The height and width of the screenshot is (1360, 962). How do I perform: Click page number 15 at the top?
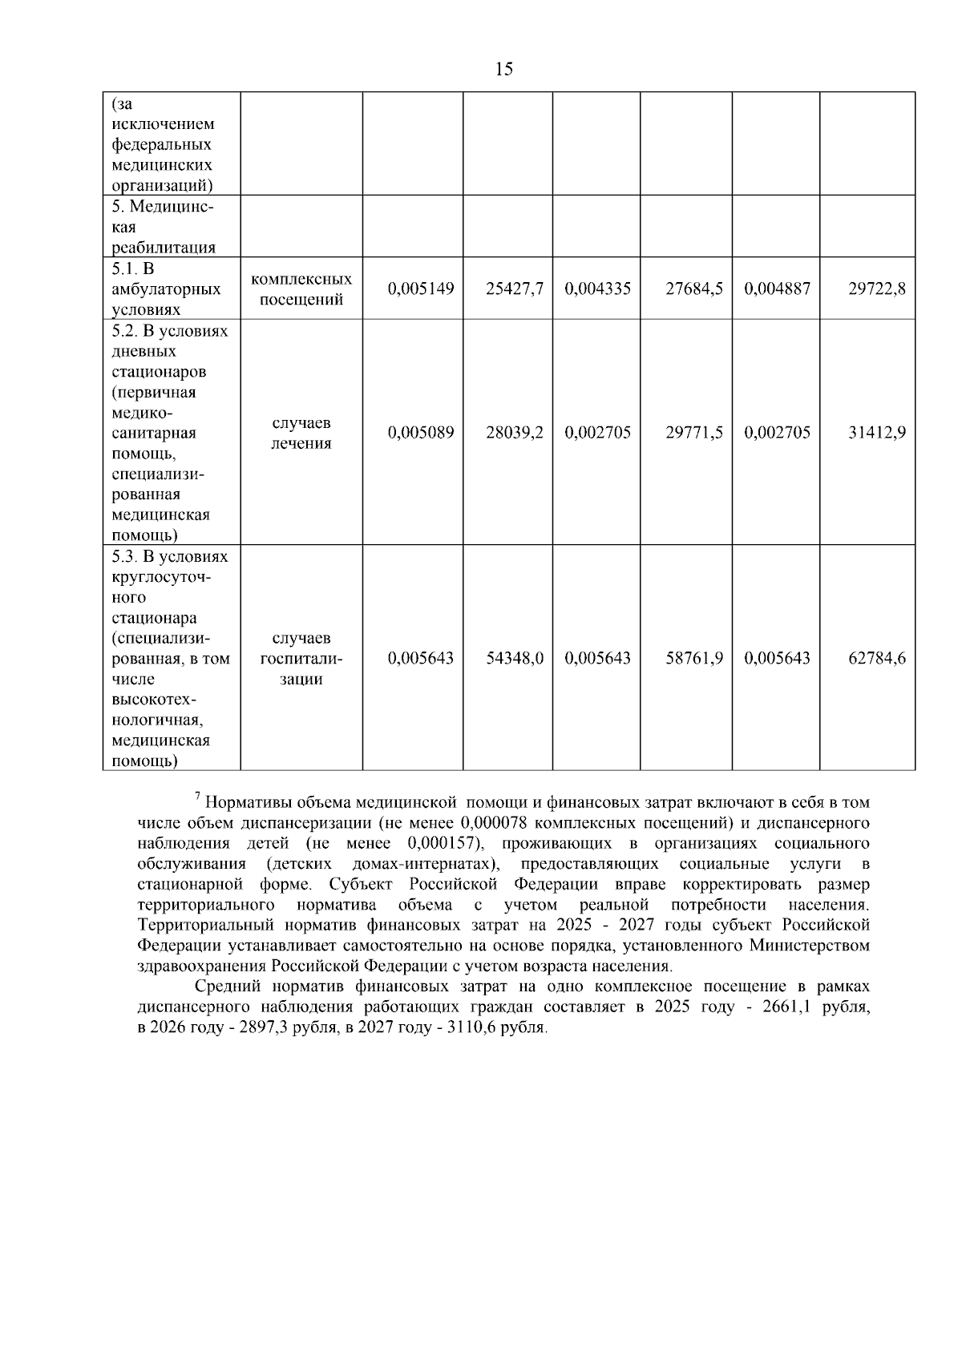[x=504, y=69]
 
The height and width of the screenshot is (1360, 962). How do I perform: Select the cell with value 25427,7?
[x=515, y=289]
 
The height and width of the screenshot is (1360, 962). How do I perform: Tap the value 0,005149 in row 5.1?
[x=421, y=289]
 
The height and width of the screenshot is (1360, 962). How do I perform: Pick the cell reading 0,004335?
[x=597, y=289]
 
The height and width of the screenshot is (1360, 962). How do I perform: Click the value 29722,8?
[x=877, y=289]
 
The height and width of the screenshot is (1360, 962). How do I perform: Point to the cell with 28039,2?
[x=515, y=433]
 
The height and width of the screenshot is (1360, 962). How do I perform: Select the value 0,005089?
[x=421, y=433]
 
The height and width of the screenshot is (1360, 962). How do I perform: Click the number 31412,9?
[x=877, y=433]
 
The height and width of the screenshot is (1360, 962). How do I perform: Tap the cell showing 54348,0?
[x=515, y=658]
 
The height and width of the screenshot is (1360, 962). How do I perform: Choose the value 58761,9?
[x=694, y=658]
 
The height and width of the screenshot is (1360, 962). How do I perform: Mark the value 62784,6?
[x=877, y=658]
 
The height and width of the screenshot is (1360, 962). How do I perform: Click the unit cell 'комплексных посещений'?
[x=301, y=289]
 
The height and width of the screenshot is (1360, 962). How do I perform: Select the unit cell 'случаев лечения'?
[x=301, y=433]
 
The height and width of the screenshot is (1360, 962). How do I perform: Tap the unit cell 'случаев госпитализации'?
[x=301, y=658]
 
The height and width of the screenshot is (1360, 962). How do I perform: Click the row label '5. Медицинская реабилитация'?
[x=164, y=227]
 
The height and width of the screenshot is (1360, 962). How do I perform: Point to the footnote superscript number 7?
[x=197, y=795]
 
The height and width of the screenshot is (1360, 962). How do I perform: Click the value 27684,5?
[x=694, y=289]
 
